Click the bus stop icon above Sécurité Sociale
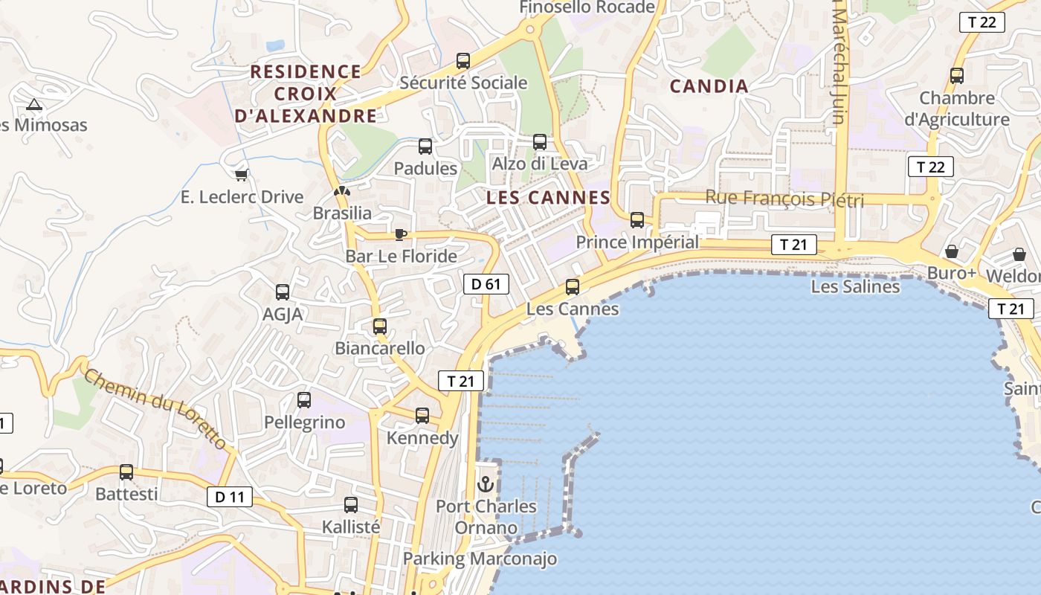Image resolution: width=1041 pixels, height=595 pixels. (463, 61)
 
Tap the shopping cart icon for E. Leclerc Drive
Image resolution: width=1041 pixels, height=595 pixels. (241, 176)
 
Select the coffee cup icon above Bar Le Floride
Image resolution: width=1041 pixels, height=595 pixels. (401, 235)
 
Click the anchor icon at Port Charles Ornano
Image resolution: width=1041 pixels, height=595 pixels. (486, 484)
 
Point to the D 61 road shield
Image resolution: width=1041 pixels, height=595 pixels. (486, 283)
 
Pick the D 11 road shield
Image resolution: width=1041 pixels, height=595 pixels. (230, 497)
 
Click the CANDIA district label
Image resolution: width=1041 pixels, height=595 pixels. (709, 86)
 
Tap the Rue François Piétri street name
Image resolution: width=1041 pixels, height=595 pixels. (784, 199)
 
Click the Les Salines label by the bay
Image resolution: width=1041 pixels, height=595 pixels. (855, 286)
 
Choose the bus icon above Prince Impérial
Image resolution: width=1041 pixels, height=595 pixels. (637, 220)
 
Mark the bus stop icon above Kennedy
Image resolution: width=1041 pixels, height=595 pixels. (422, 416)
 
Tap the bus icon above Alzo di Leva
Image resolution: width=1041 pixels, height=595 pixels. (540, 142)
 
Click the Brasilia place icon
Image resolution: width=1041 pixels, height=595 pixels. (341, 191)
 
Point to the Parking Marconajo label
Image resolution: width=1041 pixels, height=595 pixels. (480, 559)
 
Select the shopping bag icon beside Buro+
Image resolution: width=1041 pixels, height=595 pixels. (951, 251)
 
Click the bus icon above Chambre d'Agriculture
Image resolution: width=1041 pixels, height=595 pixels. (957, 76)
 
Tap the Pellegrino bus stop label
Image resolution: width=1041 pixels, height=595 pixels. (305, 422)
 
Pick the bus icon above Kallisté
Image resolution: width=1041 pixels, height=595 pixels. (351, 505)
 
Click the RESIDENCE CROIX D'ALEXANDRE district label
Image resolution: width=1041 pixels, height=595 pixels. (306, 94)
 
